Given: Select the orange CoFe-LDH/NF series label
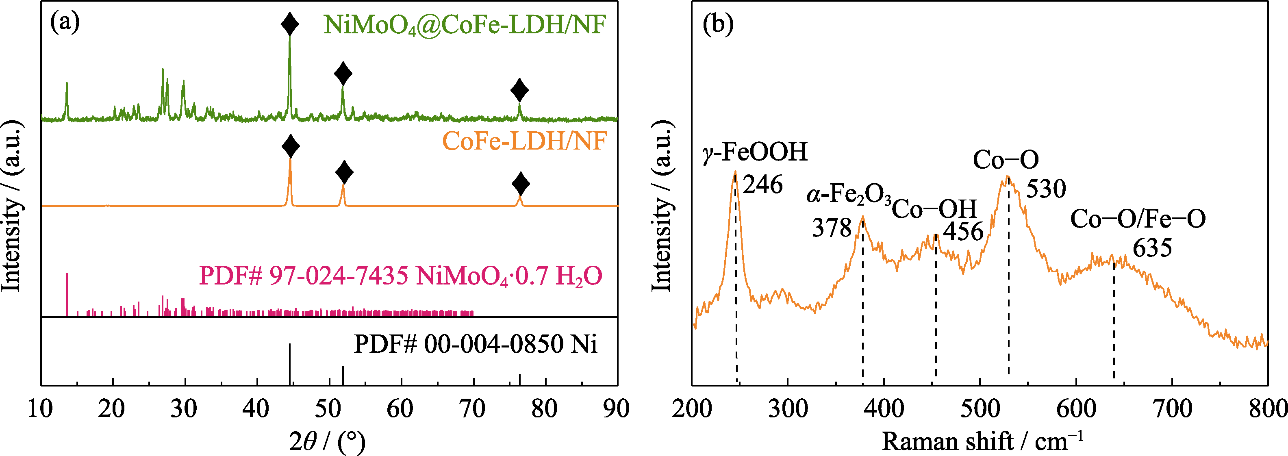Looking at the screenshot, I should pyautogui.click(x=524, y=141).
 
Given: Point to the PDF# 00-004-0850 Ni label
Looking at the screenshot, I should pyautogui.click(x=476, y=344).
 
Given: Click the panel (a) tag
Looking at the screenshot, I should pyautogui.click(x=65, y=22).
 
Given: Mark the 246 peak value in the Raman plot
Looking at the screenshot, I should pyautogui.click(x=762, y=185).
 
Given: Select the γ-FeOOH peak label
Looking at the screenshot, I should pyautogui.click(x=755, y=152).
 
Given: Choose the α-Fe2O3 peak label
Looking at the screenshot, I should pyautogui.click(x=849, y=194).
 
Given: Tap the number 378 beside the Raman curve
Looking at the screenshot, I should pyautogui.click(x=832, y=228).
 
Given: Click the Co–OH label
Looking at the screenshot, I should pyautogui.click(x=934, y=209).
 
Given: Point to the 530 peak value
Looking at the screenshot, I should pyautogui.click(x=1046, y=189).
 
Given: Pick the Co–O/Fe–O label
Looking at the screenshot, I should pyautogui.click(x=1138, y=219).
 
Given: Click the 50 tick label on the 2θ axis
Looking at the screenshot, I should pyautogui.click(x=328, y=409).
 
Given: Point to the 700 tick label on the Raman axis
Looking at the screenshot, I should pyautogui.click(x=1172, y=409).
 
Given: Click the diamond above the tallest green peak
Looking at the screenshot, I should pyautogui.click(x=289, y=24).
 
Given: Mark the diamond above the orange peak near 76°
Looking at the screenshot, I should pyautogui.click(x=521, y=184).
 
